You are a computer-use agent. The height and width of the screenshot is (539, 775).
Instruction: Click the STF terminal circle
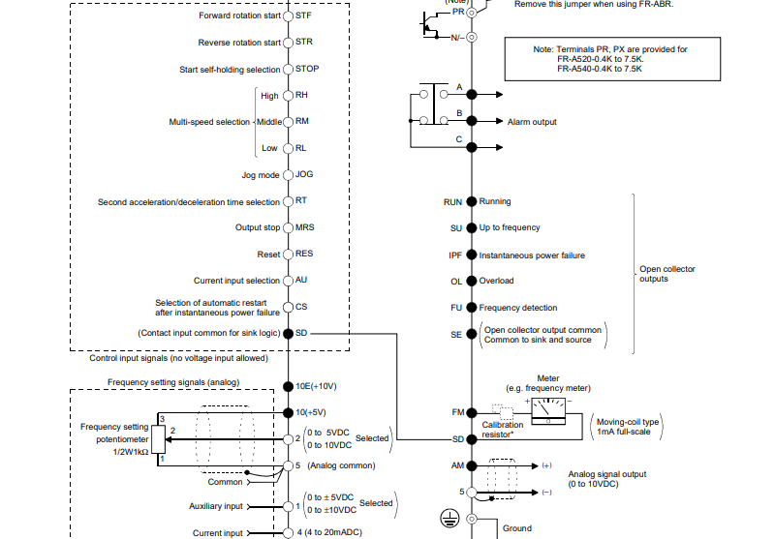[288, 16]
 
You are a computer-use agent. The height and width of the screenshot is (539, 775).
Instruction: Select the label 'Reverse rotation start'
[239, 43]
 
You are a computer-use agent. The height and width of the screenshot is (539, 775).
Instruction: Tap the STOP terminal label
[307, 70]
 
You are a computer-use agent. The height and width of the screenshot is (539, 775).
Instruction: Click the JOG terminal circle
[288, 175]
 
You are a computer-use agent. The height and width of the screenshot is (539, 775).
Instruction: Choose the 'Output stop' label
[257, 227]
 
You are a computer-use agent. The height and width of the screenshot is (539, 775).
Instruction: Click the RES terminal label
[304, 255]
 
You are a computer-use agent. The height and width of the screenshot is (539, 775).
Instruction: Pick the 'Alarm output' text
[532, 122]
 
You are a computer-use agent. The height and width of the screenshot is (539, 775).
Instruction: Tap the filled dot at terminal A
[472, 95]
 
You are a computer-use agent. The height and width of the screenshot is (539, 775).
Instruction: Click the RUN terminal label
[452, 201]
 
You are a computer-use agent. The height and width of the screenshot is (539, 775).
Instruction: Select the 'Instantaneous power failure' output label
[532, 255]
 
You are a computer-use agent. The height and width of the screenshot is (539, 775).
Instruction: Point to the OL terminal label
[455, 281]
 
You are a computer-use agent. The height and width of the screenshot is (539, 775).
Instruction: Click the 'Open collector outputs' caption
[667, 274]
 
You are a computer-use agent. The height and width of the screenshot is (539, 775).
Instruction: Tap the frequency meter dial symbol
[549, 408]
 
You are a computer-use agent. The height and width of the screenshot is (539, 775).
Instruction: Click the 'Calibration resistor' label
[502, 430]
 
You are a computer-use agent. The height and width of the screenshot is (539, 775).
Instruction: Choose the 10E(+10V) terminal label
[317, 385]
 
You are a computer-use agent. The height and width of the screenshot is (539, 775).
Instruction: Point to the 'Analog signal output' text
[607, 474]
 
